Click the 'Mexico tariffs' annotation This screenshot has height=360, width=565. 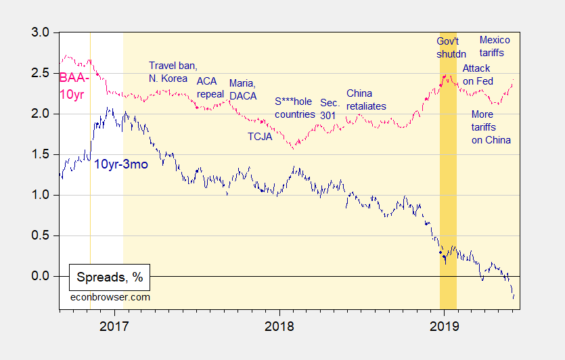[x=495, y=46]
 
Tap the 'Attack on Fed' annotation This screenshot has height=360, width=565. [x=476, y=74]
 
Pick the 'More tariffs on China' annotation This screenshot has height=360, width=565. [x=491, y=127]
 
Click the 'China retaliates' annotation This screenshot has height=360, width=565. [x=366, y=99]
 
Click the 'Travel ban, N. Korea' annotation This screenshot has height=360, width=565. [x=173, y=72]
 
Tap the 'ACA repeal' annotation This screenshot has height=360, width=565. [x=210, y=87]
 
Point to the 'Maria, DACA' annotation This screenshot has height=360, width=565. [x=243, y=89]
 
